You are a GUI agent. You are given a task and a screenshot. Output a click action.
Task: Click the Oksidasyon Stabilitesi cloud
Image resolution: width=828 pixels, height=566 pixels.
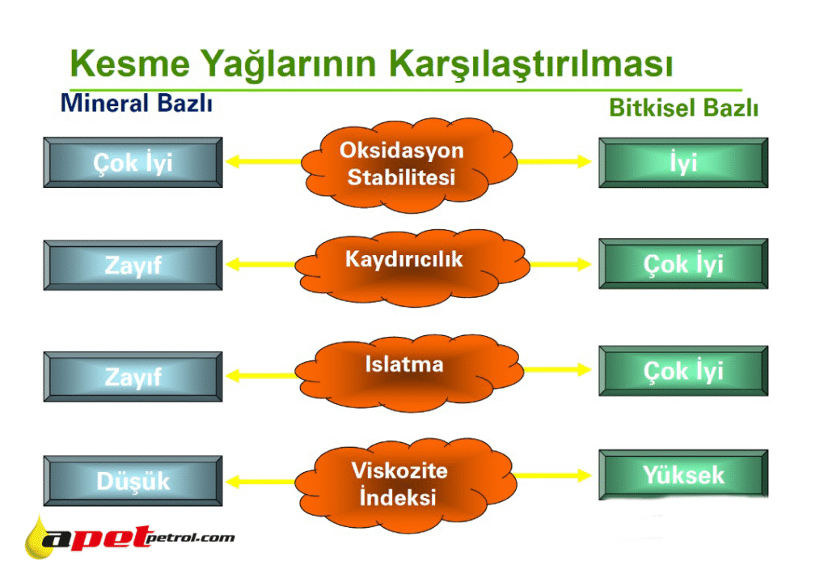tap(408, 164)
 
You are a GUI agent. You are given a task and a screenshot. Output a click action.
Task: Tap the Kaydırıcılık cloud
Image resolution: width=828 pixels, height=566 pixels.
tap(412, 266)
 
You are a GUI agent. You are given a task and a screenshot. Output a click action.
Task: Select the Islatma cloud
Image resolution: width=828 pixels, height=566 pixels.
tap(408, 372)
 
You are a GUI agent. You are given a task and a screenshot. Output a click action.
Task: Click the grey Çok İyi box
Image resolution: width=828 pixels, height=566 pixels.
tap(133, 163)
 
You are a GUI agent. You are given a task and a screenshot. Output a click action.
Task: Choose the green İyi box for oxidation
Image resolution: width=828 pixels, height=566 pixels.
tap(683, 163)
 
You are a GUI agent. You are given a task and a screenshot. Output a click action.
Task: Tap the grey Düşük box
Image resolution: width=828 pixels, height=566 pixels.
tap(133, 481)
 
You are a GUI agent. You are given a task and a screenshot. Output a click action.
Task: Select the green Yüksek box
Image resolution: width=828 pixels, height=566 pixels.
tap(683, 475)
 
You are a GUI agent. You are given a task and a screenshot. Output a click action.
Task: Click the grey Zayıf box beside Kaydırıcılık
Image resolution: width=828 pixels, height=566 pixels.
tap(133, 265)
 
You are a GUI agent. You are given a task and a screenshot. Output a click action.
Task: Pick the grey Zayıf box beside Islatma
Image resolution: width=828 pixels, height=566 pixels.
tap(133, 377)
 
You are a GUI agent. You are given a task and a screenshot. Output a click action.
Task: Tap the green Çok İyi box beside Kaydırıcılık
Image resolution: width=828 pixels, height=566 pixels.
tap(683, 263)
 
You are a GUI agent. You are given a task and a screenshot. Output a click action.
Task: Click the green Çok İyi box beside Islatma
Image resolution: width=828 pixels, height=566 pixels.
tap(683, 371)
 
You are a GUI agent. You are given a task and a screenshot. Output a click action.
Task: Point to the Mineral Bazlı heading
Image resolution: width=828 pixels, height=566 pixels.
tap(137, 103)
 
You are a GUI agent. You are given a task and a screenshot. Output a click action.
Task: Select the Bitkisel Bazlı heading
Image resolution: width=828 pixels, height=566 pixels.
tap(684, 108)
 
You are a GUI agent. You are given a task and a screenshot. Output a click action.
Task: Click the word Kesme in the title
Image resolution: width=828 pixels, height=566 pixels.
tap(130, 63)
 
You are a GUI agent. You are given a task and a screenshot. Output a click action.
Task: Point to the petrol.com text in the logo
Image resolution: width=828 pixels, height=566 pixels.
tap(189, 538)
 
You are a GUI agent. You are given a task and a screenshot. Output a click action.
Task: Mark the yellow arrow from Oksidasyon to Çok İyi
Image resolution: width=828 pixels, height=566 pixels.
tap(264, 161)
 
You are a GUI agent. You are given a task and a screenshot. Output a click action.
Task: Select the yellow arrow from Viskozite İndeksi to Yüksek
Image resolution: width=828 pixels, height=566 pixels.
tap(552, 475)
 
